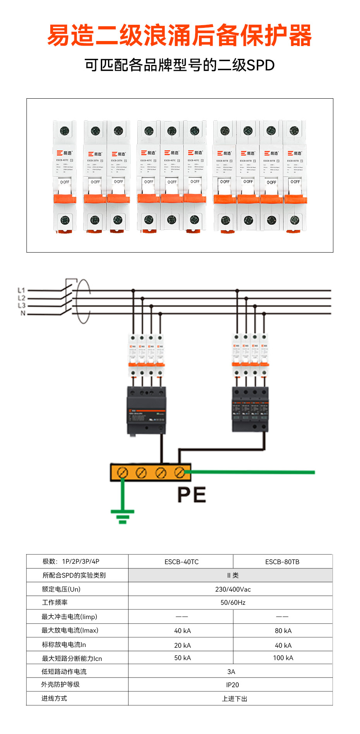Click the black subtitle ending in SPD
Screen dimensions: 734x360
tap(180, 65)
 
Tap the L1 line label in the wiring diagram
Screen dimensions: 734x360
tap(21, 290)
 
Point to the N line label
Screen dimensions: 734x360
tap(23, 313)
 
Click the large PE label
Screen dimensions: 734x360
tap(192, 495)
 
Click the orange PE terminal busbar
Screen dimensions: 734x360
tap(151, 472)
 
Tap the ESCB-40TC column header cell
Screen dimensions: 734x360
tap(181, 562)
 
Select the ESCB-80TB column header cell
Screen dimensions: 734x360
tap(282, 562)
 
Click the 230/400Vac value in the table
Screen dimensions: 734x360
tap(233, 589)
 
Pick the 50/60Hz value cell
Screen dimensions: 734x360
tap(233, 602)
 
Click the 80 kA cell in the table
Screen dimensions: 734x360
tap(283, 631)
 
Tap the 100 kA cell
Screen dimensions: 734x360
tap(283, 658)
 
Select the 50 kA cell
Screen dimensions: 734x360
tap(182, 658)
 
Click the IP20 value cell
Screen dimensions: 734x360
tap(232, 685)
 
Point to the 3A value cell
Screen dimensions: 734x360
tap(231, 672)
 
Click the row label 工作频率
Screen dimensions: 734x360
tap(55, 602)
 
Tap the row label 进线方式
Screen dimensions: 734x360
tap(54, 698)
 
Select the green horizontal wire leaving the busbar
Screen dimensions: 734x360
tap(252, 472)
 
